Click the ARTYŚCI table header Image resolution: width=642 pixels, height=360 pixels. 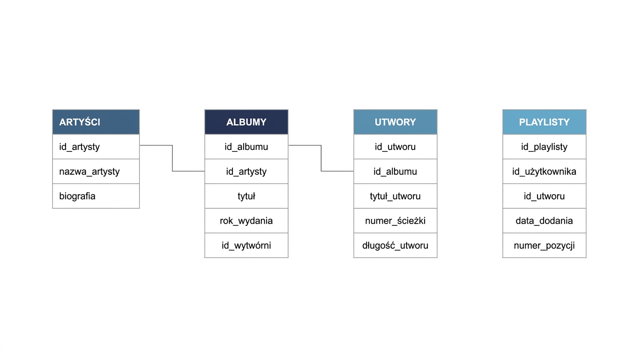96,122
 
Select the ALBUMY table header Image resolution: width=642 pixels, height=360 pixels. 246,122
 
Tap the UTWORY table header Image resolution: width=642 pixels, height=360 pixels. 395,122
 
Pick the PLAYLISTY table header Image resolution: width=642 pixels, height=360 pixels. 544,122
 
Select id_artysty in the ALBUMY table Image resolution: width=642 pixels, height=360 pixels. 246,172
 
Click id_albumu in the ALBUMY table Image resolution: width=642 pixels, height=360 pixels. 246,147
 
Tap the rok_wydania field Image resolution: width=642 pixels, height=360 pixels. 246,221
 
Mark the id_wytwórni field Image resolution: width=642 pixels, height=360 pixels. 246,245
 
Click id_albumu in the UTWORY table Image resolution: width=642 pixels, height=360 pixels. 395,172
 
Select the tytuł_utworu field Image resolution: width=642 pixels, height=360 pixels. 395,196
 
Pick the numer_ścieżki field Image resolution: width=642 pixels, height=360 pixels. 395,221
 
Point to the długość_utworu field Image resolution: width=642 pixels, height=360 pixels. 395,245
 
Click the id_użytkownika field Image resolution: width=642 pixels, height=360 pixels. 544,172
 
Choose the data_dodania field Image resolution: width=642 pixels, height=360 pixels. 544,221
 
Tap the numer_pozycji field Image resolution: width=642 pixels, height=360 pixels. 544,245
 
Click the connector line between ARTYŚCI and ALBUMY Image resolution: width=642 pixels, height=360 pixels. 172,158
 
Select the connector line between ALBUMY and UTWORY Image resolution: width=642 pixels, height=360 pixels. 321,158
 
